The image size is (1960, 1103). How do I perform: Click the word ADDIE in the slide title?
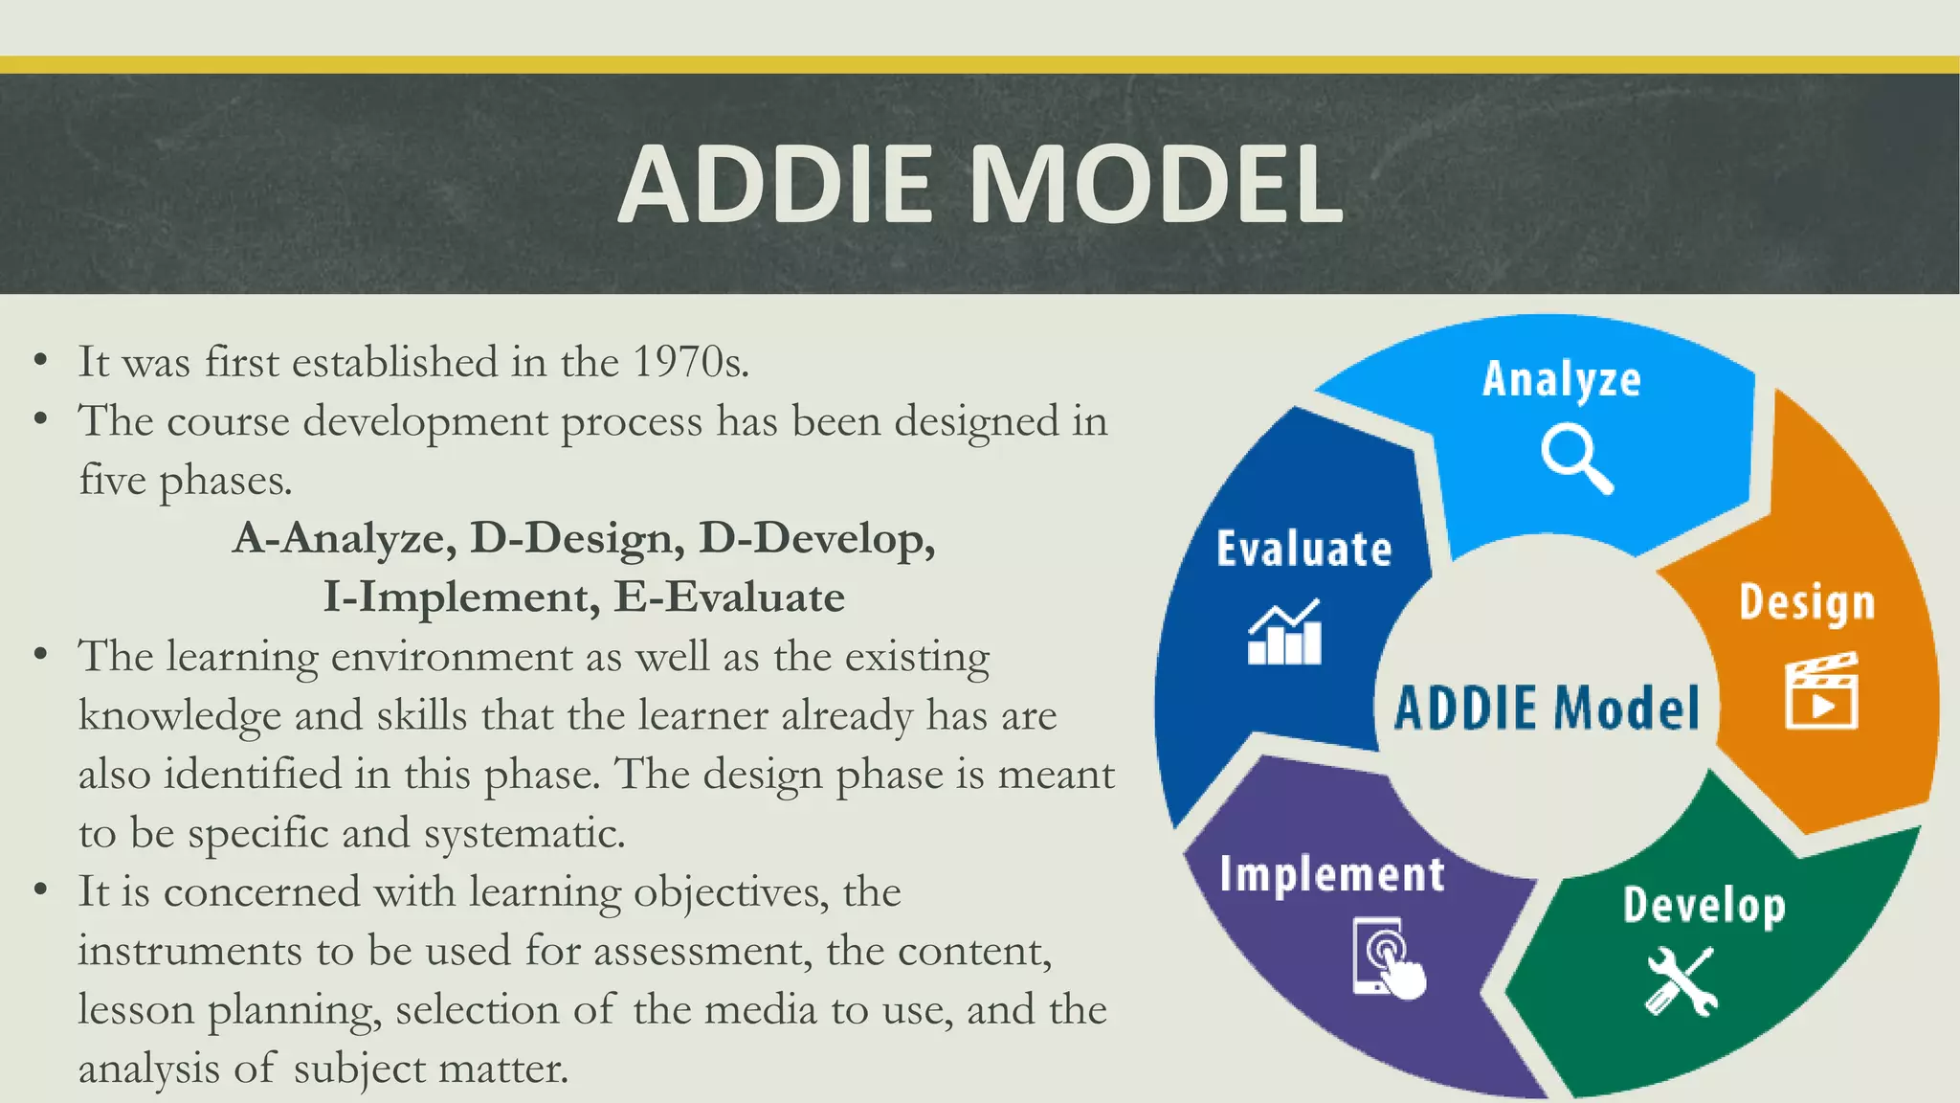coord(775,184)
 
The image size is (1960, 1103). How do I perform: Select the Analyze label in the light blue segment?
coord(1561,380)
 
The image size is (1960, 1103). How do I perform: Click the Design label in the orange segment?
coord(1806,603)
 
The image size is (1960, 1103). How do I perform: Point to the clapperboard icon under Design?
coord(1821,690)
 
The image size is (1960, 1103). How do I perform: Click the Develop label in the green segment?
coord(1704,906)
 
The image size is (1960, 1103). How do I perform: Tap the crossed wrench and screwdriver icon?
coord(1682,980)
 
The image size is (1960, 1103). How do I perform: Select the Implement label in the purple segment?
coord(1331,875)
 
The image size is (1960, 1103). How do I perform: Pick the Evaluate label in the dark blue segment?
coord(1303,550)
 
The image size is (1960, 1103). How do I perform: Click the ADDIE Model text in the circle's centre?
coord(1547,709)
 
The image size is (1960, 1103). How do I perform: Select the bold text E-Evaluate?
coord(729,598)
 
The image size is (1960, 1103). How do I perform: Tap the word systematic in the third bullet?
coord(523,834)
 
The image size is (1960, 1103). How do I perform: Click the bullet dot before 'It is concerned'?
coord(40,889)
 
